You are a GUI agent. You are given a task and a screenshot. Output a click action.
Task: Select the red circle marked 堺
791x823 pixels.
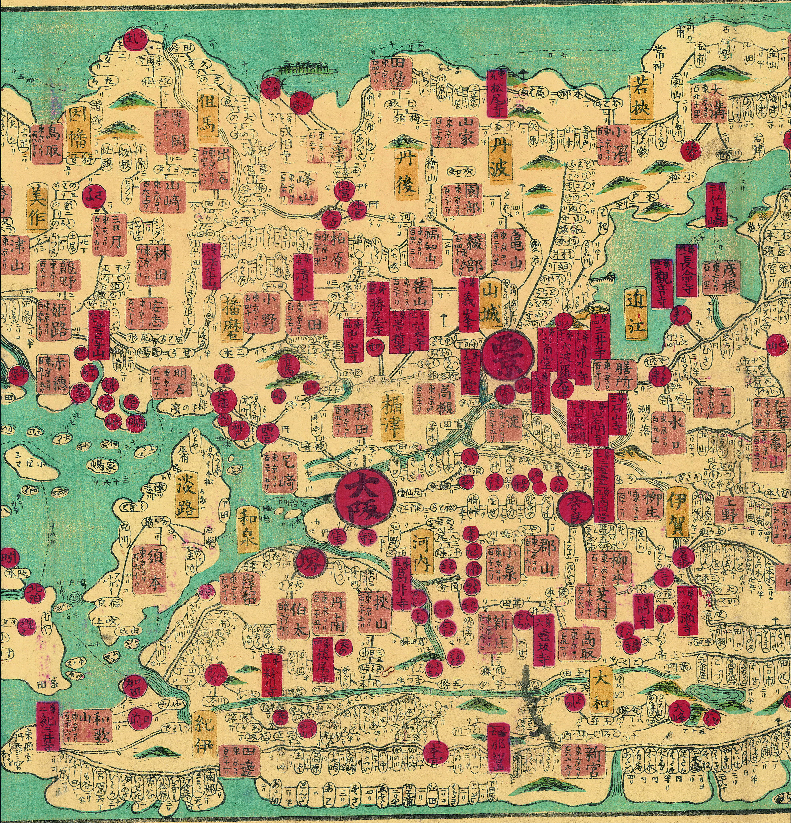click(x=310, y=562)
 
